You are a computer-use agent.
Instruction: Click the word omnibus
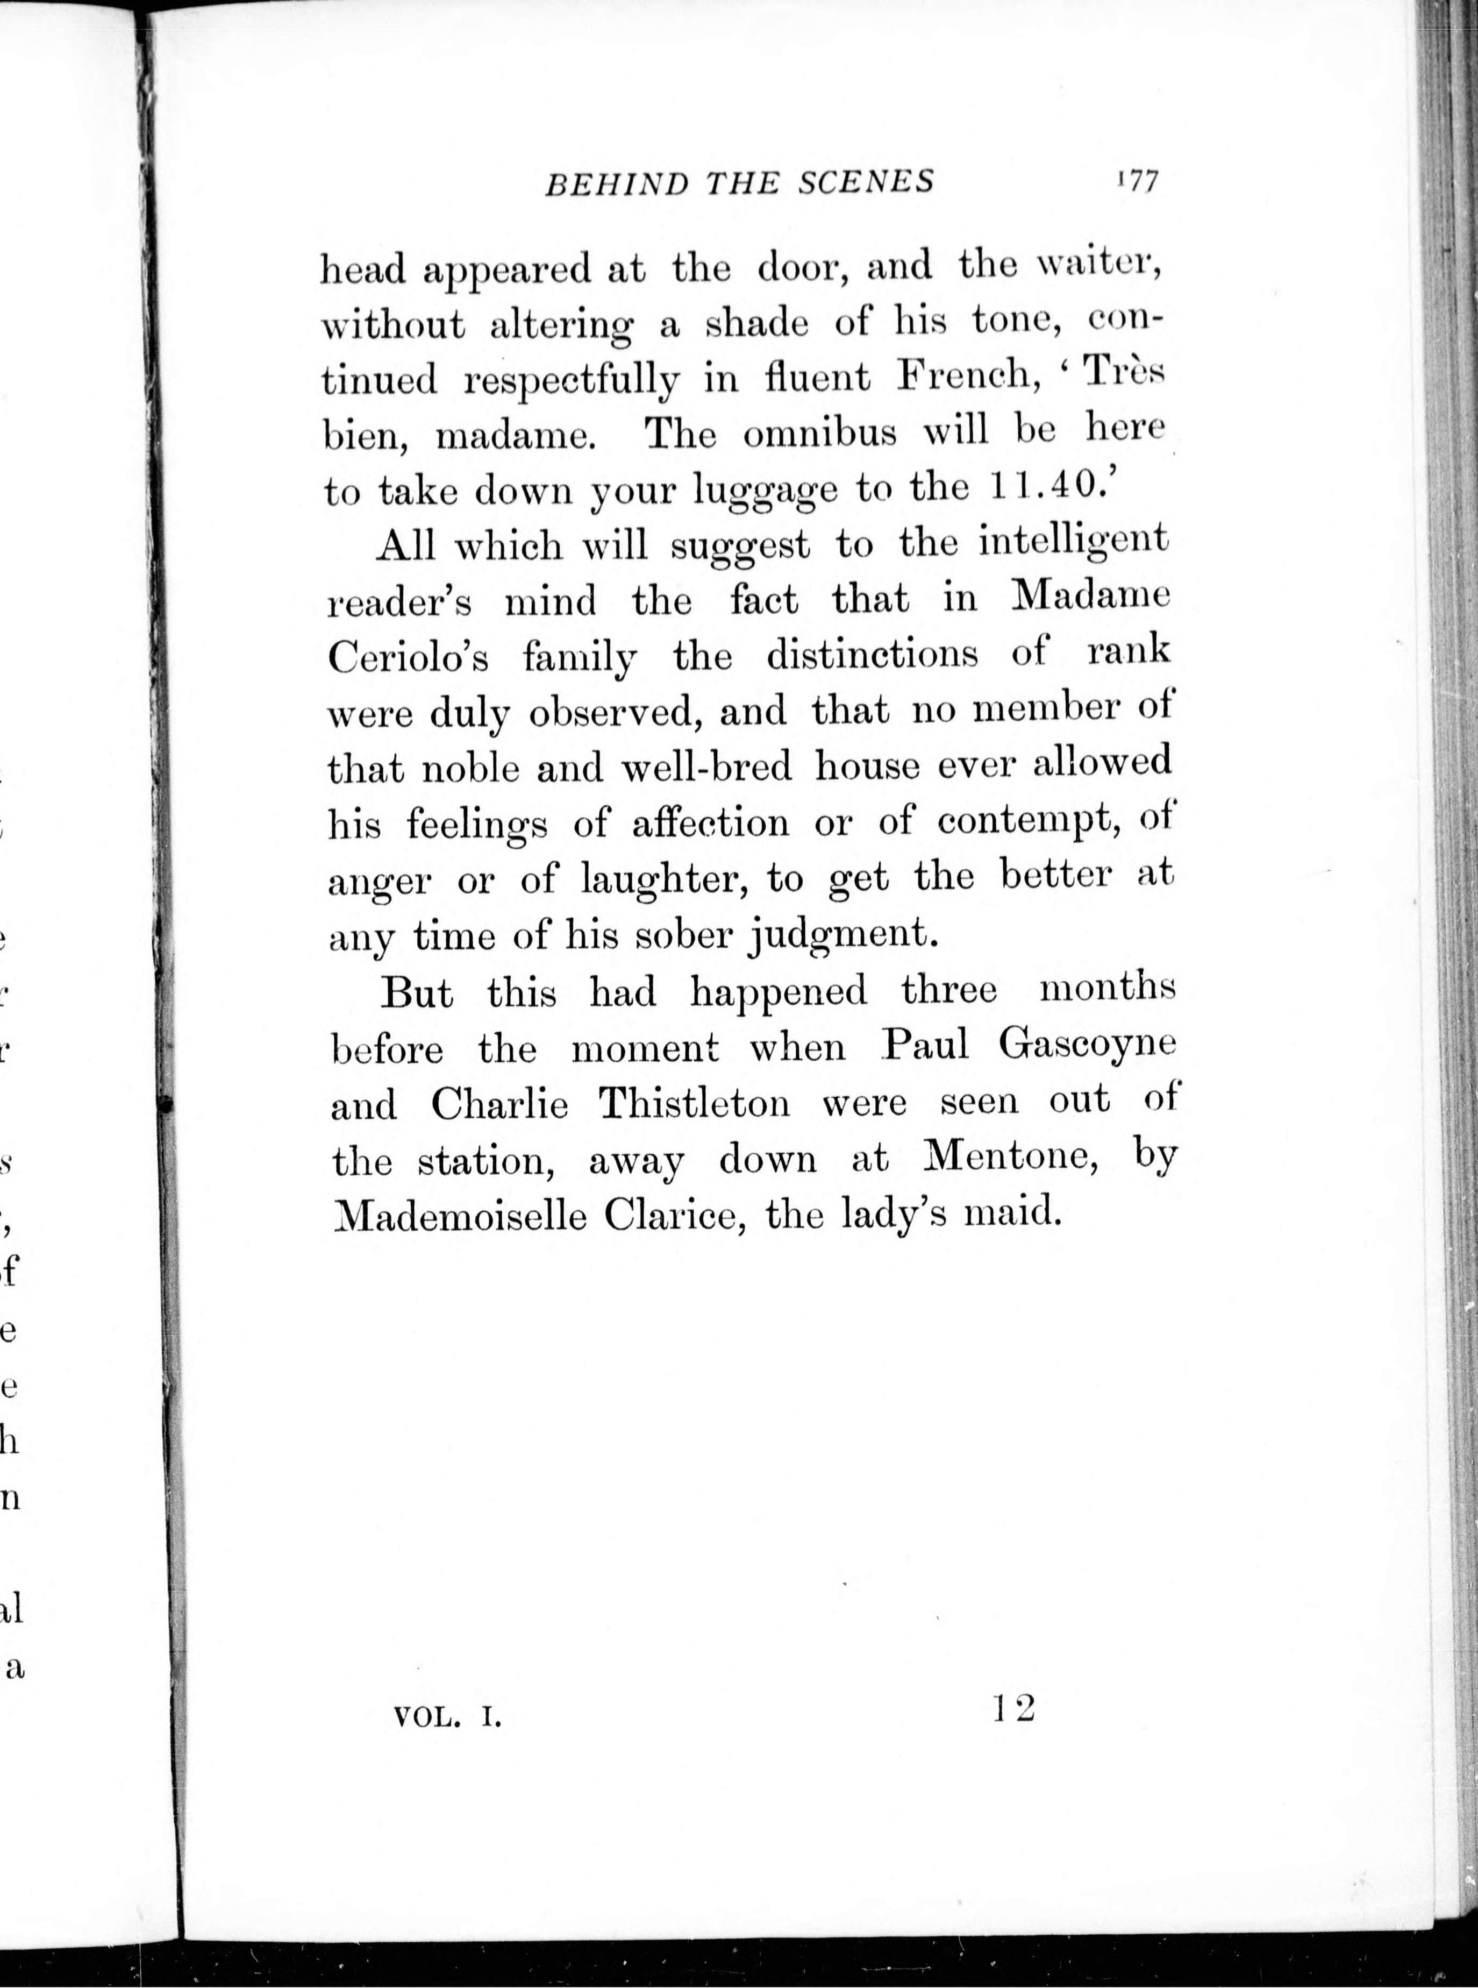tap(819, 433)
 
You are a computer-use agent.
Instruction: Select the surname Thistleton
tap(694, 1104)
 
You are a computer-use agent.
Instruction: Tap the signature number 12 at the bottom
tap(1013, 1708)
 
